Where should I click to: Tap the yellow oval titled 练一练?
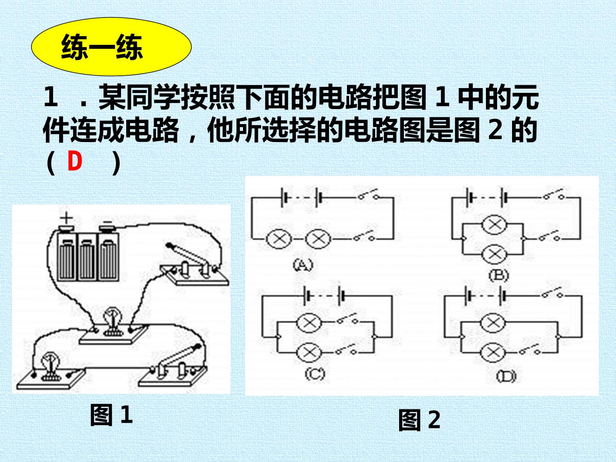point(111,47)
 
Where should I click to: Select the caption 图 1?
point(111,415)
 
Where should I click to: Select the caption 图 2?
point(419,420)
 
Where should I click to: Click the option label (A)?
point(303,265)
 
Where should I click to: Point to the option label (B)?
point(499,275)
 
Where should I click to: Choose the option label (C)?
point(314,374)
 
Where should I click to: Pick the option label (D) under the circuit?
point(506,376)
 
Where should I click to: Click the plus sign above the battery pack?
point(67,218)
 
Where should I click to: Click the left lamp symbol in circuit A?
point(278,239)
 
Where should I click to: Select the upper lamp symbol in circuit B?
point(495,225)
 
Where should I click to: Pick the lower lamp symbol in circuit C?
point(309,352)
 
